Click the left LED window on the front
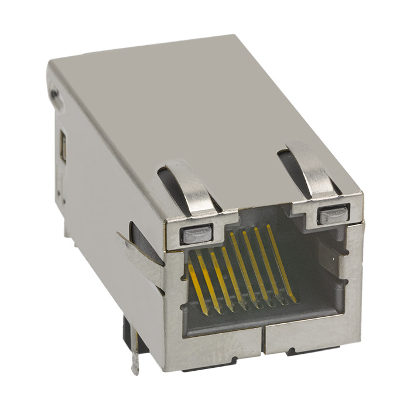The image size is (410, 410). click(x=194, y=235)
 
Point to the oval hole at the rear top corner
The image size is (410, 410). click(x=55, y=94)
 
